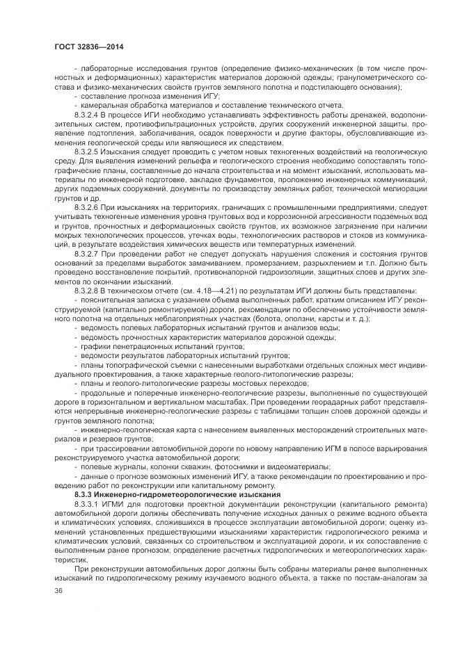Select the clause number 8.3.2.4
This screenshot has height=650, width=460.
pos(87,113)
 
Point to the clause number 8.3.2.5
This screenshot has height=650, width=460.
pos(87,149)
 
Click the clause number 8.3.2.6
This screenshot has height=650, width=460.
pos(87,206)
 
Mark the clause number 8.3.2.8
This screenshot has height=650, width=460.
pos(87,291)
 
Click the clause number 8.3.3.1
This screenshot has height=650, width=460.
pos(87,501)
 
